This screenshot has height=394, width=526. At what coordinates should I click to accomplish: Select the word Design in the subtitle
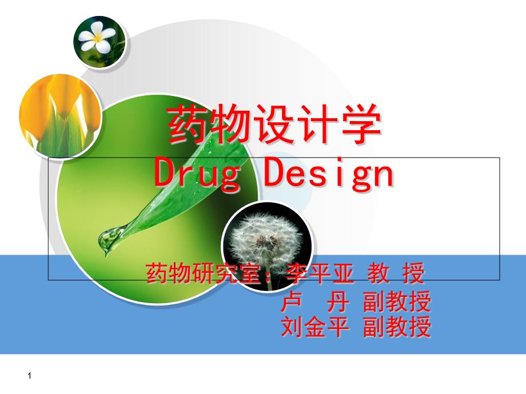pos(328,174)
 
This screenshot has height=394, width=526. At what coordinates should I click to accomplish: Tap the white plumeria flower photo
pos(99,42)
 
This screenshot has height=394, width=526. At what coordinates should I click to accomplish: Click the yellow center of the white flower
pos(97,38)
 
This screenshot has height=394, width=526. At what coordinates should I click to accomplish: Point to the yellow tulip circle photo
pos(60,115)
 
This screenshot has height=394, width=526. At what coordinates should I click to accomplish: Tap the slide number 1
pos(30,376)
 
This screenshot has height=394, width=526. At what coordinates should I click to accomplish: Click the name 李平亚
pos(320,273)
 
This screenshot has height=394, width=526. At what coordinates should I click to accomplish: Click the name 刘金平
pos(314,327)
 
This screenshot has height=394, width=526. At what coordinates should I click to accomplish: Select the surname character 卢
pos(291,301)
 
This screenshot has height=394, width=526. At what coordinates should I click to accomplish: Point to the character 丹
pos(337,301)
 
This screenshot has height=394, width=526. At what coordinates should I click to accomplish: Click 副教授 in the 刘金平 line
pos(397,327)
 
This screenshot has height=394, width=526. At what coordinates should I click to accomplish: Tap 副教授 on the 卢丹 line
pos(397,301)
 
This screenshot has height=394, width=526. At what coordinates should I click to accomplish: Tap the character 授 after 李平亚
pos(413,273)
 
